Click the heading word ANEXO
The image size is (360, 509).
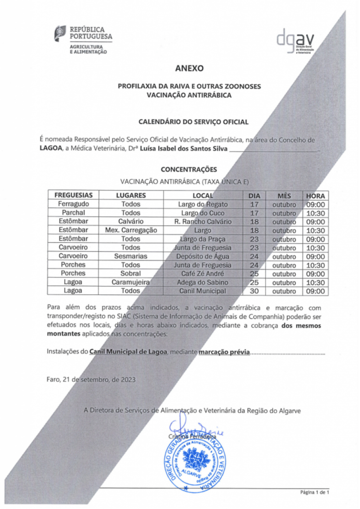189,68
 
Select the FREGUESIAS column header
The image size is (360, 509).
74,195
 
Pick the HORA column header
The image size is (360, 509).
316,195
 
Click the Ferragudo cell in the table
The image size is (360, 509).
74,204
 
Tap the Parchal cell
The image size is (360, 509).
74,213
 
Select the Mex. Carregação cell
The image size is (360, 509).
131,230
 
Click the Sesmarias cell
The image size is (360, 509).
131,256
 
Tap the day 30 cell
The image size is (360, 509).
255,291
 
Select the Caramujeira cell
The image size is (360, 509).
131,282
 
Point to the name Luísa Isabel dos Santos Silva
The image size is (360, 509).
183,149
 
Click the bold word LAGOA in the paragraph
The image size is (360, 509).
51,149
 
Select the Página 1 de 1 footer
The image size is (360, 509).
315,492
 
